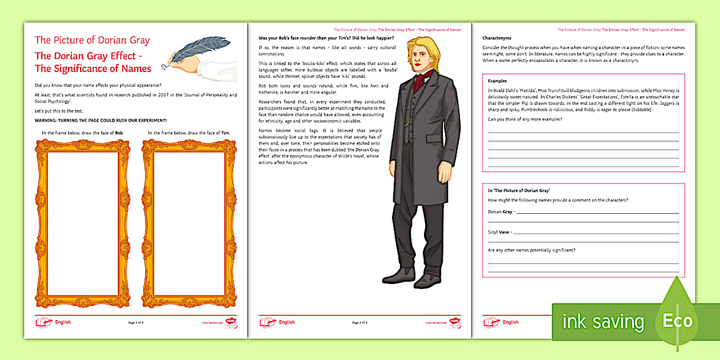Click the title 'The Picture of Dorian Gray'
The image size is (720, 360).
92,40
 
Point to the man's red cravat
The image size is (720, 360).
419,81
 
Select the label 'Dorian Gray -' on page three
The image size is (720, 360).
502,211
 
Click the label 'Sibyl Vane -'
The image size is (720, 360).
500,232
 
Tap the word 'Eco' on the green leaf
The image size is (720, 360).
677,321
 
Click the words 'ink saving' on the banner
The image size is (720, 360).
603,322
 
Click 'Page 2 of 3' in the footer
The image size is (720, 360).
359,322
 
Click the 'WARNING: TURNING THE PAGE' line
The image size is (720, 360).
101,120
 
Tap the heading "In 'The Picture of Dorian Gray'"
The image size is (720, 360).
519,190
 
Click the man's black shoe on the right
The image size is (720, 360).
428,281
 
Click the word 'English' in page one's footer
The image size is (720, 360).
63,322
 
